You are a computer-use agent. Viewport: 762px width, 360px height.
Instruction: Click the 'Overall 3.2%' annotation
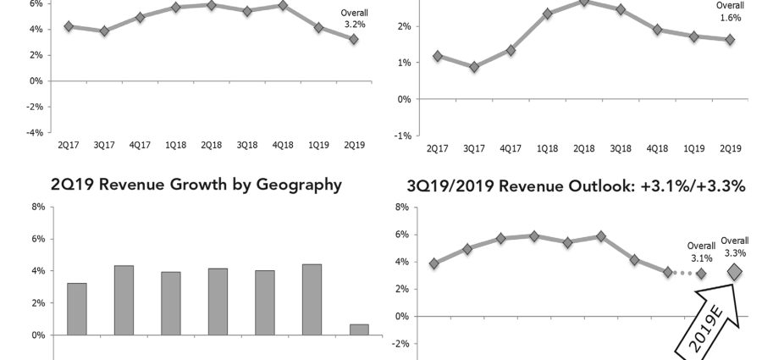[x=354, y=19]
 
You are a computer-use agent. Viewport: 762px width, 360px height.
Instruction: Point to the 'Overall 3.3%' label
[x=734, y=246]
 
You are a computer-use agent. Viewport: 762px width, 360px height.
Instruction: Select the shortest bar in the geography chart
[x=358, y=330]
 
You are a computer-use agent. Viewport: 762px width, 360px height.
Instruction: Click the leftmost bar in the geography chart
[x=76, y=309]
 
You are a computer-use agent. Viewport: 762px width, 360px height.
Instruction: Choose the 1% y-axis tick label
[x=406, y=63]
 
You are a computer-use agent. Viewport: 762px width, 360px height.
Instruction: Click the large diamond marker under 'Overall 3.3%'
[x=734, y=271]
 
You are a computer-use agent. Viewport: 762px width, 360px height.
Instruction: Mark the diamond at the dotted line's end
[x=701, y=274]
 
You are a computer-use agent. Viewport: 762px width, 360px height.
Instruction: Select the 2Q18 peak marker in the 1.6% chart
[x=584, y=2]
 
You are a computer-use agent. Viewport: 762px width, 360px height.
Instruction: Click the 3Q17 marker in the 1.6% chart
[x=474, y=67]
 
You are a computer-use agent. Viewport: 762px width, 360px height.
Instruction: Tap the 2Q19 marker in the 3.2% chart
[x=354, y=39]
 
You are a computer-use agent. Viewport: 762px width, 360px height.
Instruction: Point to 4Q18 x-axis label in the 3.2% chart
[x=283, y=146]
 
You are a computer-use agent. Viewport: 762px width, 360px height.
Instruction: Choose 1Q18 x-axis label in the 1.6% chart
[x=548, y=149]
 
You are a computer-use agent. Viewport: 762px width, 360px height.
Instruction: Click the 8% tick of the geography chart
[x=38, y=207]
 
